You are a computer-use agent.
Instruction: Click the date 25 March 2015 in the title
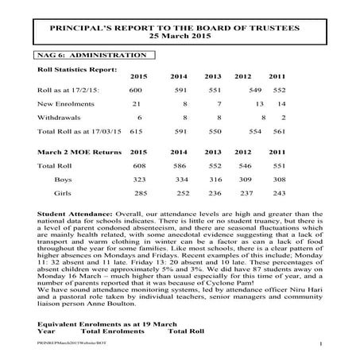point(178,37)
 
